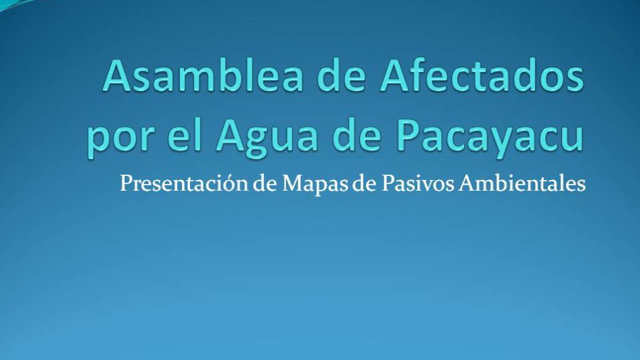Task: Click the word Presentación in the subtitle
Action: coord(184,183)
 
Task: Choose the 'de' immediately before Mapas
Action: coord(265,183)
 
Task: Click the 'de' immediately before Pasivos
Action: coord(364,183)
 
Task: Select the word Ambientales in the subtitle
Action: coord(522,183)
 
